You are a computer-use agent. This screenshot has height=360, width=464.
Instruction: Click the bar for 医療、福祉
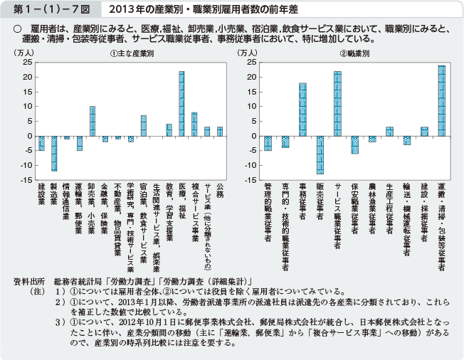(181, 104)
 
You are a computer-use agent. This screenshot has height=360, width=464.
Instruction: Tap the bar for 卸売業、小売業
(93, 121)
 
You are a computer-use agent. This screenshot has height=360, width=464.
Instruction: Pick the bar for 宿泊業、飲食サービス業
(143, 126)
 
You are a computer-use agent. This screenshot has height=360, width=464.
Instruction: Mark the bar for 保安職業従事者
(354, 145)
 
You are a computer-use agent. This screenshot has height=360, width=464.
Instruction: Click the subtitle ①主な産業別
(132, 55)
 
